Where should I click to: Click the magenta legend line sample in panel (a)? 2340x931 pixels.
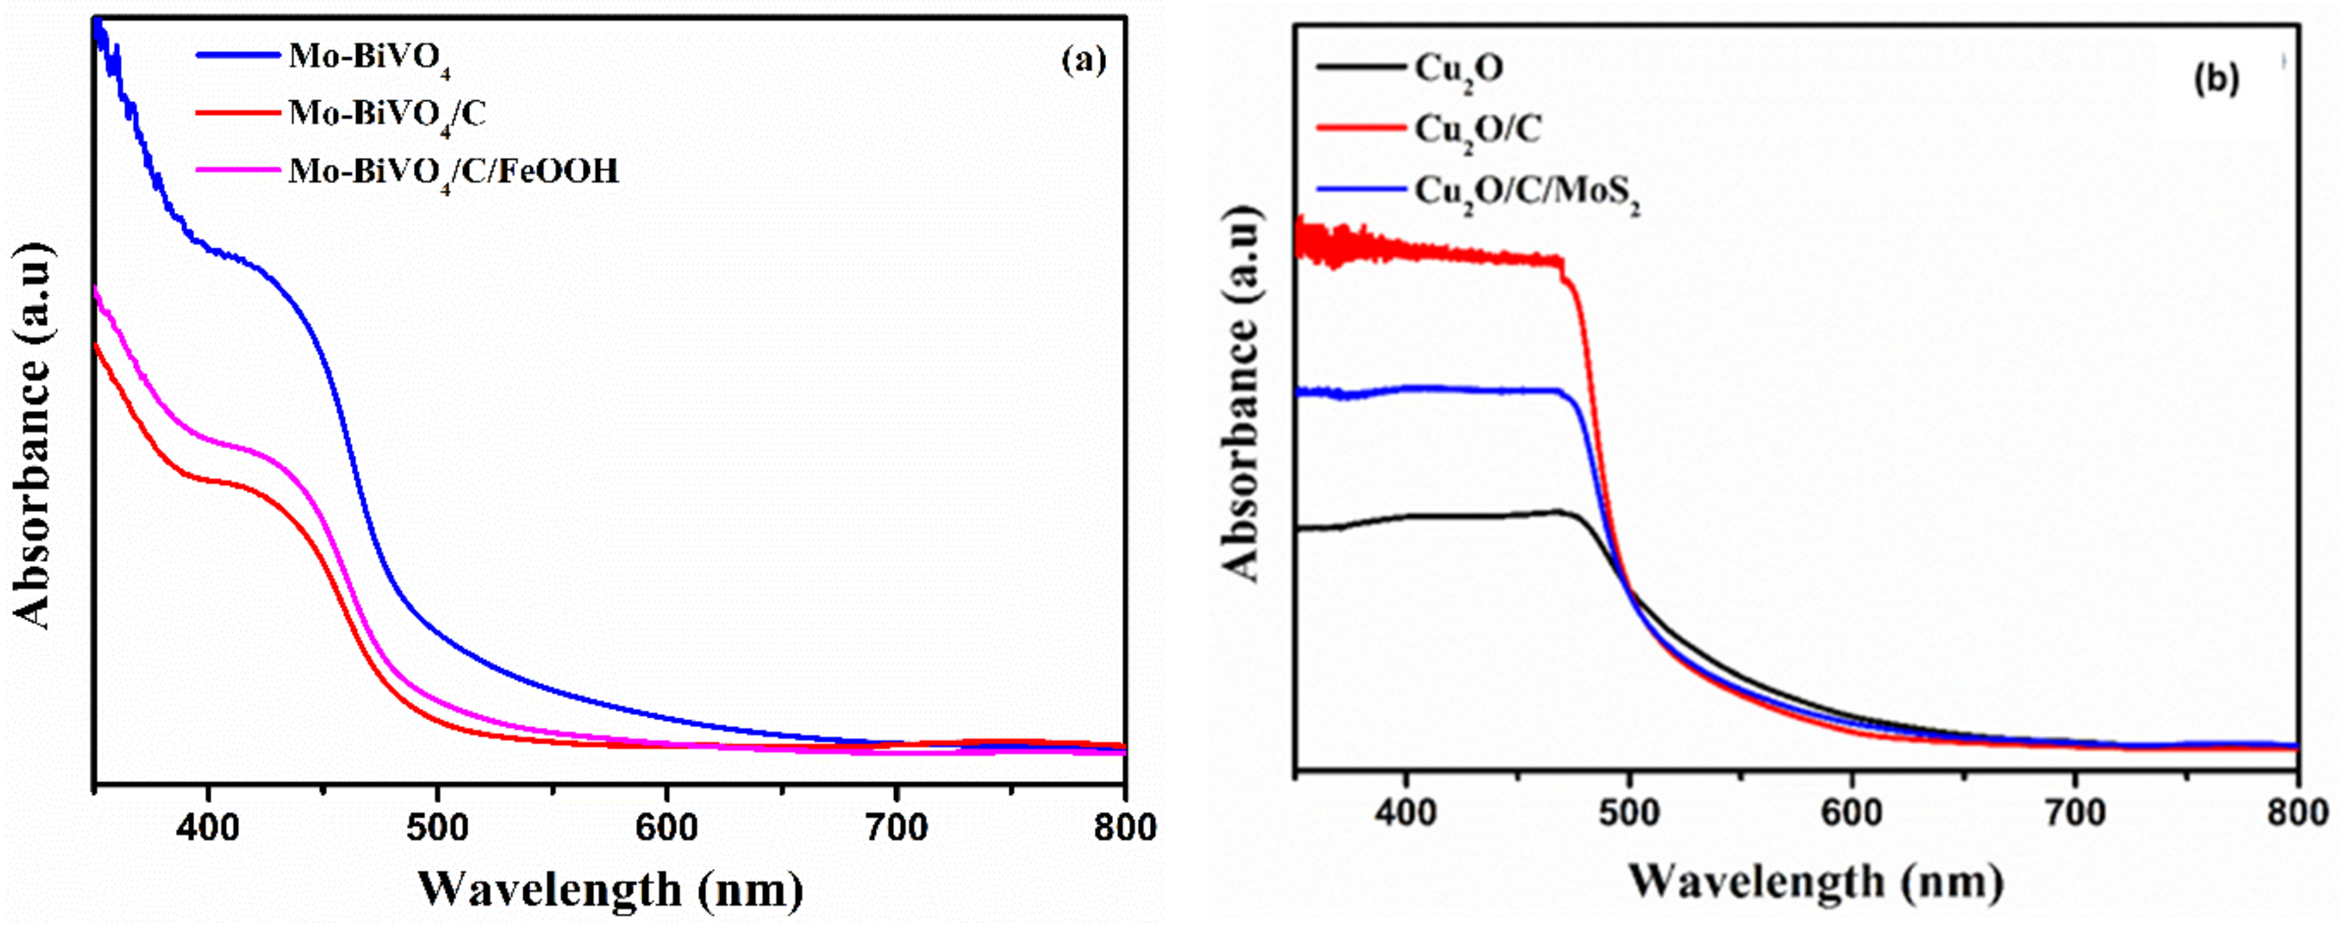[238, 168]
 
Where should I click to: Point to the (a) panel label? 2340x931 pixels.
[1084, 61]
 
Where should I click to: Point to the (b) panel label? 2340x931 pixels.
[2216, 80]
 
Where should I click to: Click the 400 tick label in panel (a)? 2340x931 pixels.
[208, 828]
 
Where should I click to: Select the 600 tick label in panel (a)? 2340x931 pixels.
[667, 828]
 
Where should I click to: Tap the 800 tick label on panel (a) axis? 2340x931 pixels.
[1125, 828]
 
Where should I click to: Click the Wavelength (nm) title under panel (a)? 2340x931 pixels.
[611, 888]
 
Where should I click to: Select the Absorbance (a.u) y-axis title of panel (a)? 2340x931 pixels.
[32, 436]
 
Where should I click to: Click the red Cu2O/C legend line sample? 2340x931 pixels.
[1360, 128]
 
